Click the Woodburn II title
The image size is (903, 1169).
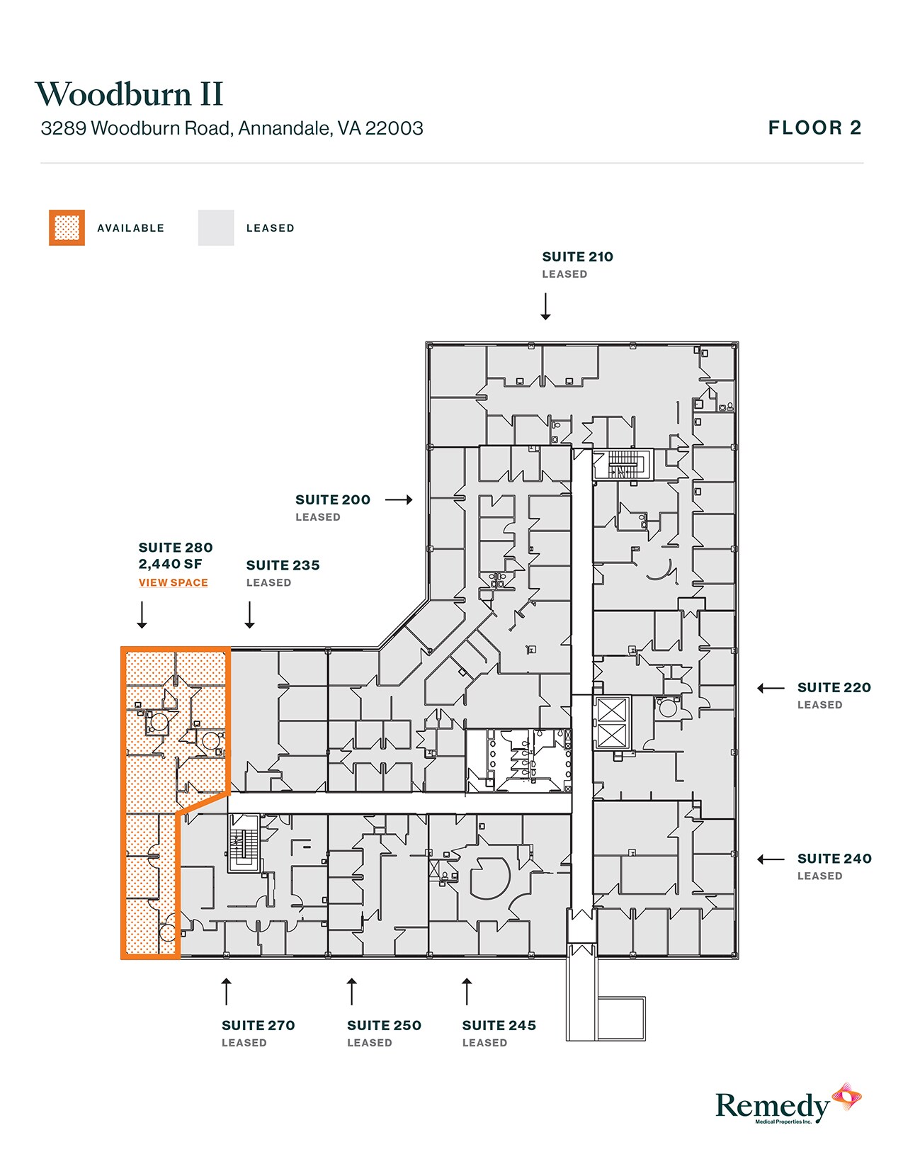coord(129,94)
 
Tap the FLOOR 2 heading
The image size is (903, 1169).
coord(814,128)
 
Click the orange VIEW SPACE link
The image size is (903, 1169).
coord(173,582)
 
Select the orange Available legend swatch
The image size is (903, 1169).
coord(67,228)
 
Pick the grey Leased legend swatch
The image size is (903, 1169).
coord(216,228)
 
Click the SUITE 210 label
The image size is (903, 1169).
coord(577,257)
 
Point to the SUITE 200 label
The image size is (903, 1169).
coord(332,500)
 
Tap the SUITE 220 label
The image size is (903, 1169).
coord(834,688)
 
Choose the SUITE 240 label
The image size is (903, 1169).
coord(834,859)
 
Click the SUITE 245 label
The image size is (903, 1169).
coord(499,1025)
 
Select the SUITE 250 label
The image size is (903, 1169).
coord(384,1025)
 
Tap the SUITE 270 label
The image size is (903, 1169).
coord(258,1025)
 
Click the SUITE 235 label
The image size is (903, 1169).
coord(283,565)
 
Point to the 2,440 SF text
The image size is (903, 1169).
coord(170,564)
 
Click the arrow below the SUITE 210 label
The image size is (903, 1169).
coord(545,307)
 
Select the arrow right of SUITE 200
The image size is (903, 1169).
coord(399,500)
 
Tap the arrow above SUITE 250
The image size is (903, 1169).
coord(351,991)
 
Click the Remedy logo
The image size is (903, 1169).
coord(786,1105)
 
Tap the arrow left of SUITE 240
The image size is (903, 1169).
coord(771,859)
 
